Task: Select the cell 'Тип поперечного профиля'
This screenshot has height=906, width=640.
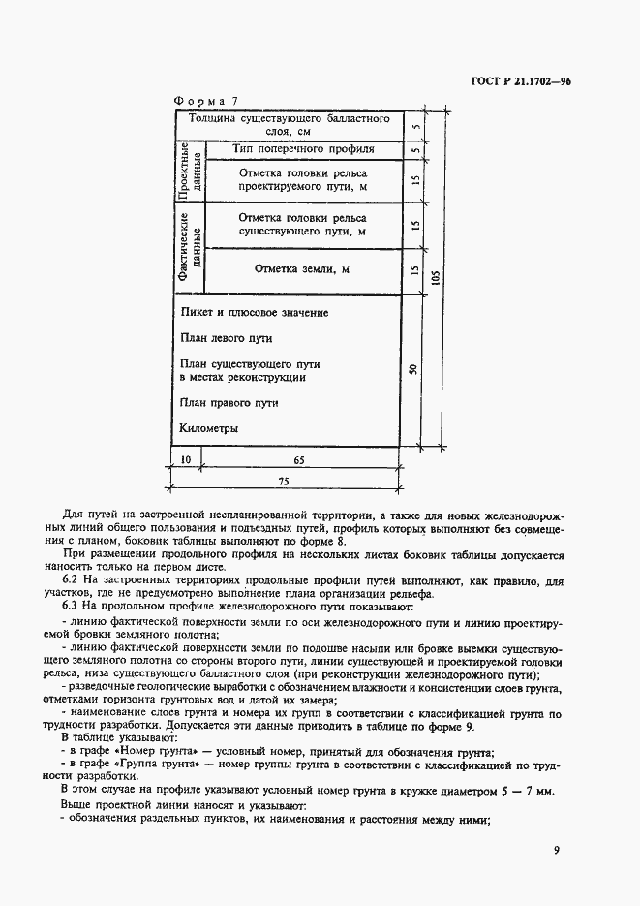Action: (x=303, y=150)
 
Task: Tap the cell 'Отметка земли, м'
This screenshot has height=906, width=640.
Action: (x=301, y=268)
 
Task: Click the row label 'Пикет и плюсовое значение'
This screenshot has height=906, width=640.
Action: (x=255, y=313)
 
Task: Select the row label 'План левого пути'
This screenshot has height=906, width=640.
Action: (x=227, y=339)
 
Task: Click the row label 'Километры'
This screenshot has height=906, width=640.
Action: (x=209, y=427)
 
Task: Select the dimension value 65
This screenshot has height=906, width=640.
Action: (x=299, y=460)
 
